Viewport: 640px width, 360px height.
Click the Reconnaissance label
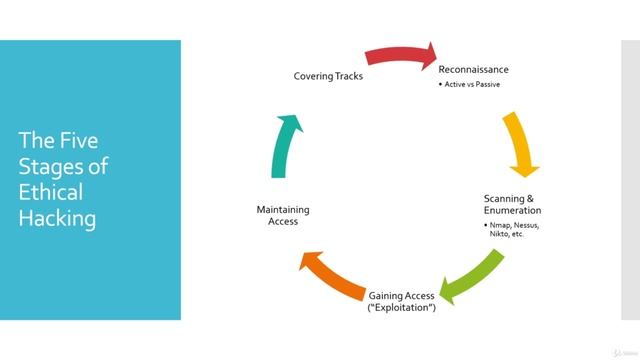[x=473, y=69]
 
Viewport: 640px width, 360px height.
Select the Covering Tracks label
[x=327, y=76]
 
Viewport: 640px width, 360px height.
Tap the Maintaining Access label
[x=283, y=215]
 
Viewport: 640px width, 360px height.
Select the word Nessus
[x=526, y=225]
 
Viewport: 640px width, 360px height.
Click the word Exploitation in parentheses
[x=403, y=307]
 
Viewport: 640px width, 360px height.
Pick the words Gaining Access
[x=403, y=296]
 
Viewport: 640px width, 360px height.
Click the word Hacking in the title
[x=57, y=218]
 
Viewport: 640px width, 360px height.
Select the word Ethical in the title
[x=51, y=192]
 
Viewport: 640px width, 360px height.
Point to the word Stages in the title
[x=51, y=165]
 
